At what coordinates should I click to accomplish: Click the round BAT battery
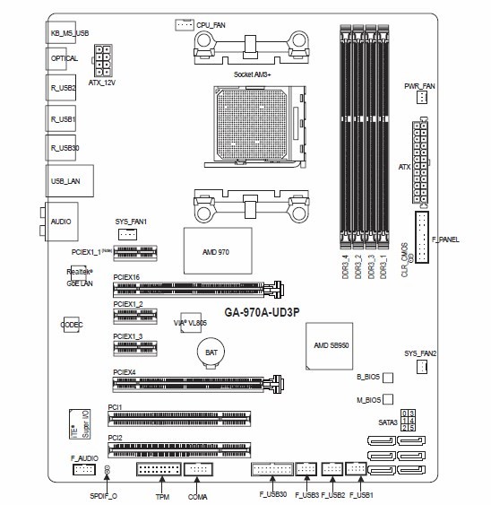211,353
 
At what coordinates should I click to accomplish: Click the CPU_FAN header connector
184,25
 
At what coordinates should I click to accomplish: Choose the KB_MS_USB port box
69,32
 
